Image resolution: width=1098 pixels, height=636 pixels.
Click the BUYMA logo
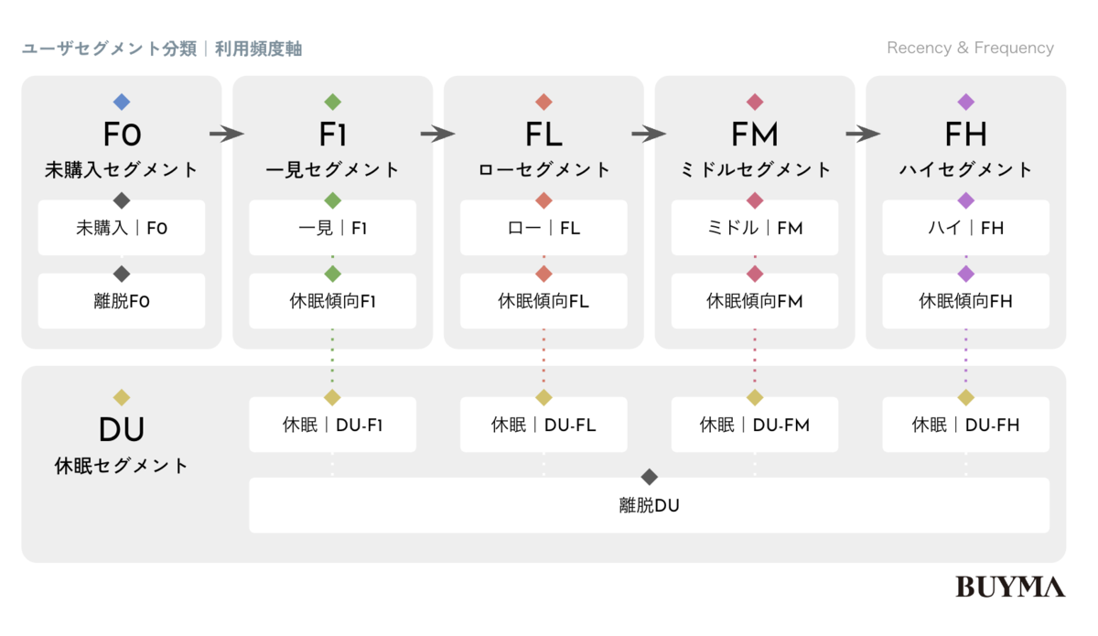click(1010, 587)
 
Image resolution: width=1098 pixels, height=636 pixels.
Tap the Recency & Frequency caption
click(970, 49)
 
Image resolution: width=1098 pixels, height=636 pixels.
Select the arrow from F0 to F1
click(227, 134)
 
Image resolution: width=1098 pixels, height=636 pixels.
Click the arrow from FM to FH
click(863, 134)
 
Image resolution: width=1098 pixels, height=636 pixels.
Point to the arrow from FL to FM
click(649, 134)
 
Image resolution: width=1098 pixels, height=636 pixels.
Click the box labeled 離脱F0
click(122, 300)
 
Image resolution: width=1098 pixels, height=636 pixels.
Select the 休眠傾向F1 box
click(332, 300)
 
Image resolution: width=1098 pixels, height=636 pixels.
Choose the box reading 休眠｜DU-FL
click(544, 425)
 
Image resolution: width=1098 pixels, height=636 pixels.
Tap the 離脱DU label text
click(649, 505)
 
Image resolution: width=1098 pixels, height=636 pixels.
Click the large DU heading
click(122, 429)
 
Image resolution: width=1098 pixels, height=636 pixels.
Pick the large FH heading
click(965, 134)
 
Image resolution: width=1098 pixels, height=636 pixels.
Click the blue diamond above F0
click(122, 102)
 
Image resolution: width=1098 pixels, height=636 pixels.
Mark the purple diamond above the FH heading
click(965, 102)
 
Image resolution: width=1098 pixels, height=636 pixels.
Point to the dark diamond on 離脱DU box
click(649, 477)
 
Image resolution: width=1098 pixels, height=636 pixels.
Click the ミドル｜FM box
click(755, 228)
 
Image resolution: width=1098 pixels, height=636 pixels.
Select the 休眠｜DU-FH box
click(965, 425)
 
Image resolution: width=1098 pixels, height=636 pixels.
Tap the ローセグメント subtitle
click(544, 169)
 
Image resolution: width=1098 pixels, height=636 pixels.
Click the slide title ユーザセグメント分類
click(109, 49)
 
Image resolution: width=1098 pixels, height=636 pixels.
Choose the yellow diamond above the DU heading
click(122, 397)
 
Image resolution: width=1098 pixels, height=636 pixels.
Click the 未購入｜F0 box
click(122, 228)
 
